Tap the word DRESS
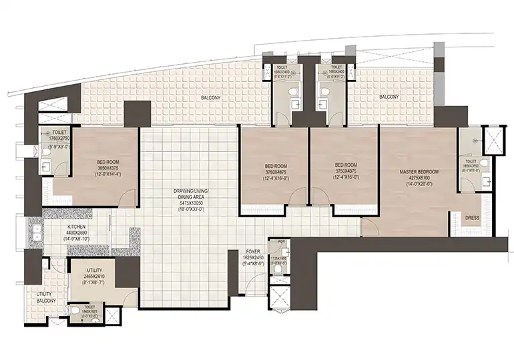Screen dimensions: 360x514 click(473, 217)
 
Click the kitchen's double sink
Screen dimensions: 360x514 click(34, 232)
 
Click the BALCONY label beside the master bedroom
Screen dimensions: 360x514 click(389, 97)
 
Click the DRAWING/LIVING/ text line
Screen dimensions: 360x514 click(193, 191)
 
